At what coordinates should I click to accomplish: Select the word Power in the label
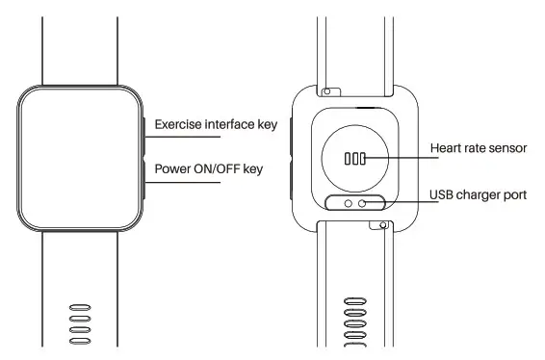click(x=174, y=169)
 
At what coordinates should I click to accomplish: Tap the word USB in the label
click(x=441, y=195)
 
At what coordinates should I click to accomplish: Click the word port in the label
click(x=515, y=195)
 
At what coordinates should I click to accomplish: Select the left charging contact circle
click(x=346, y=202)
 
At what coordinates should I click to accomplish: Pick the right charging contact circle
click(x=363, y=202)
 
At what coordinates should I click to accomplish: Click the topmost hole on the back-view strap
click(x=354, y=300)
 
